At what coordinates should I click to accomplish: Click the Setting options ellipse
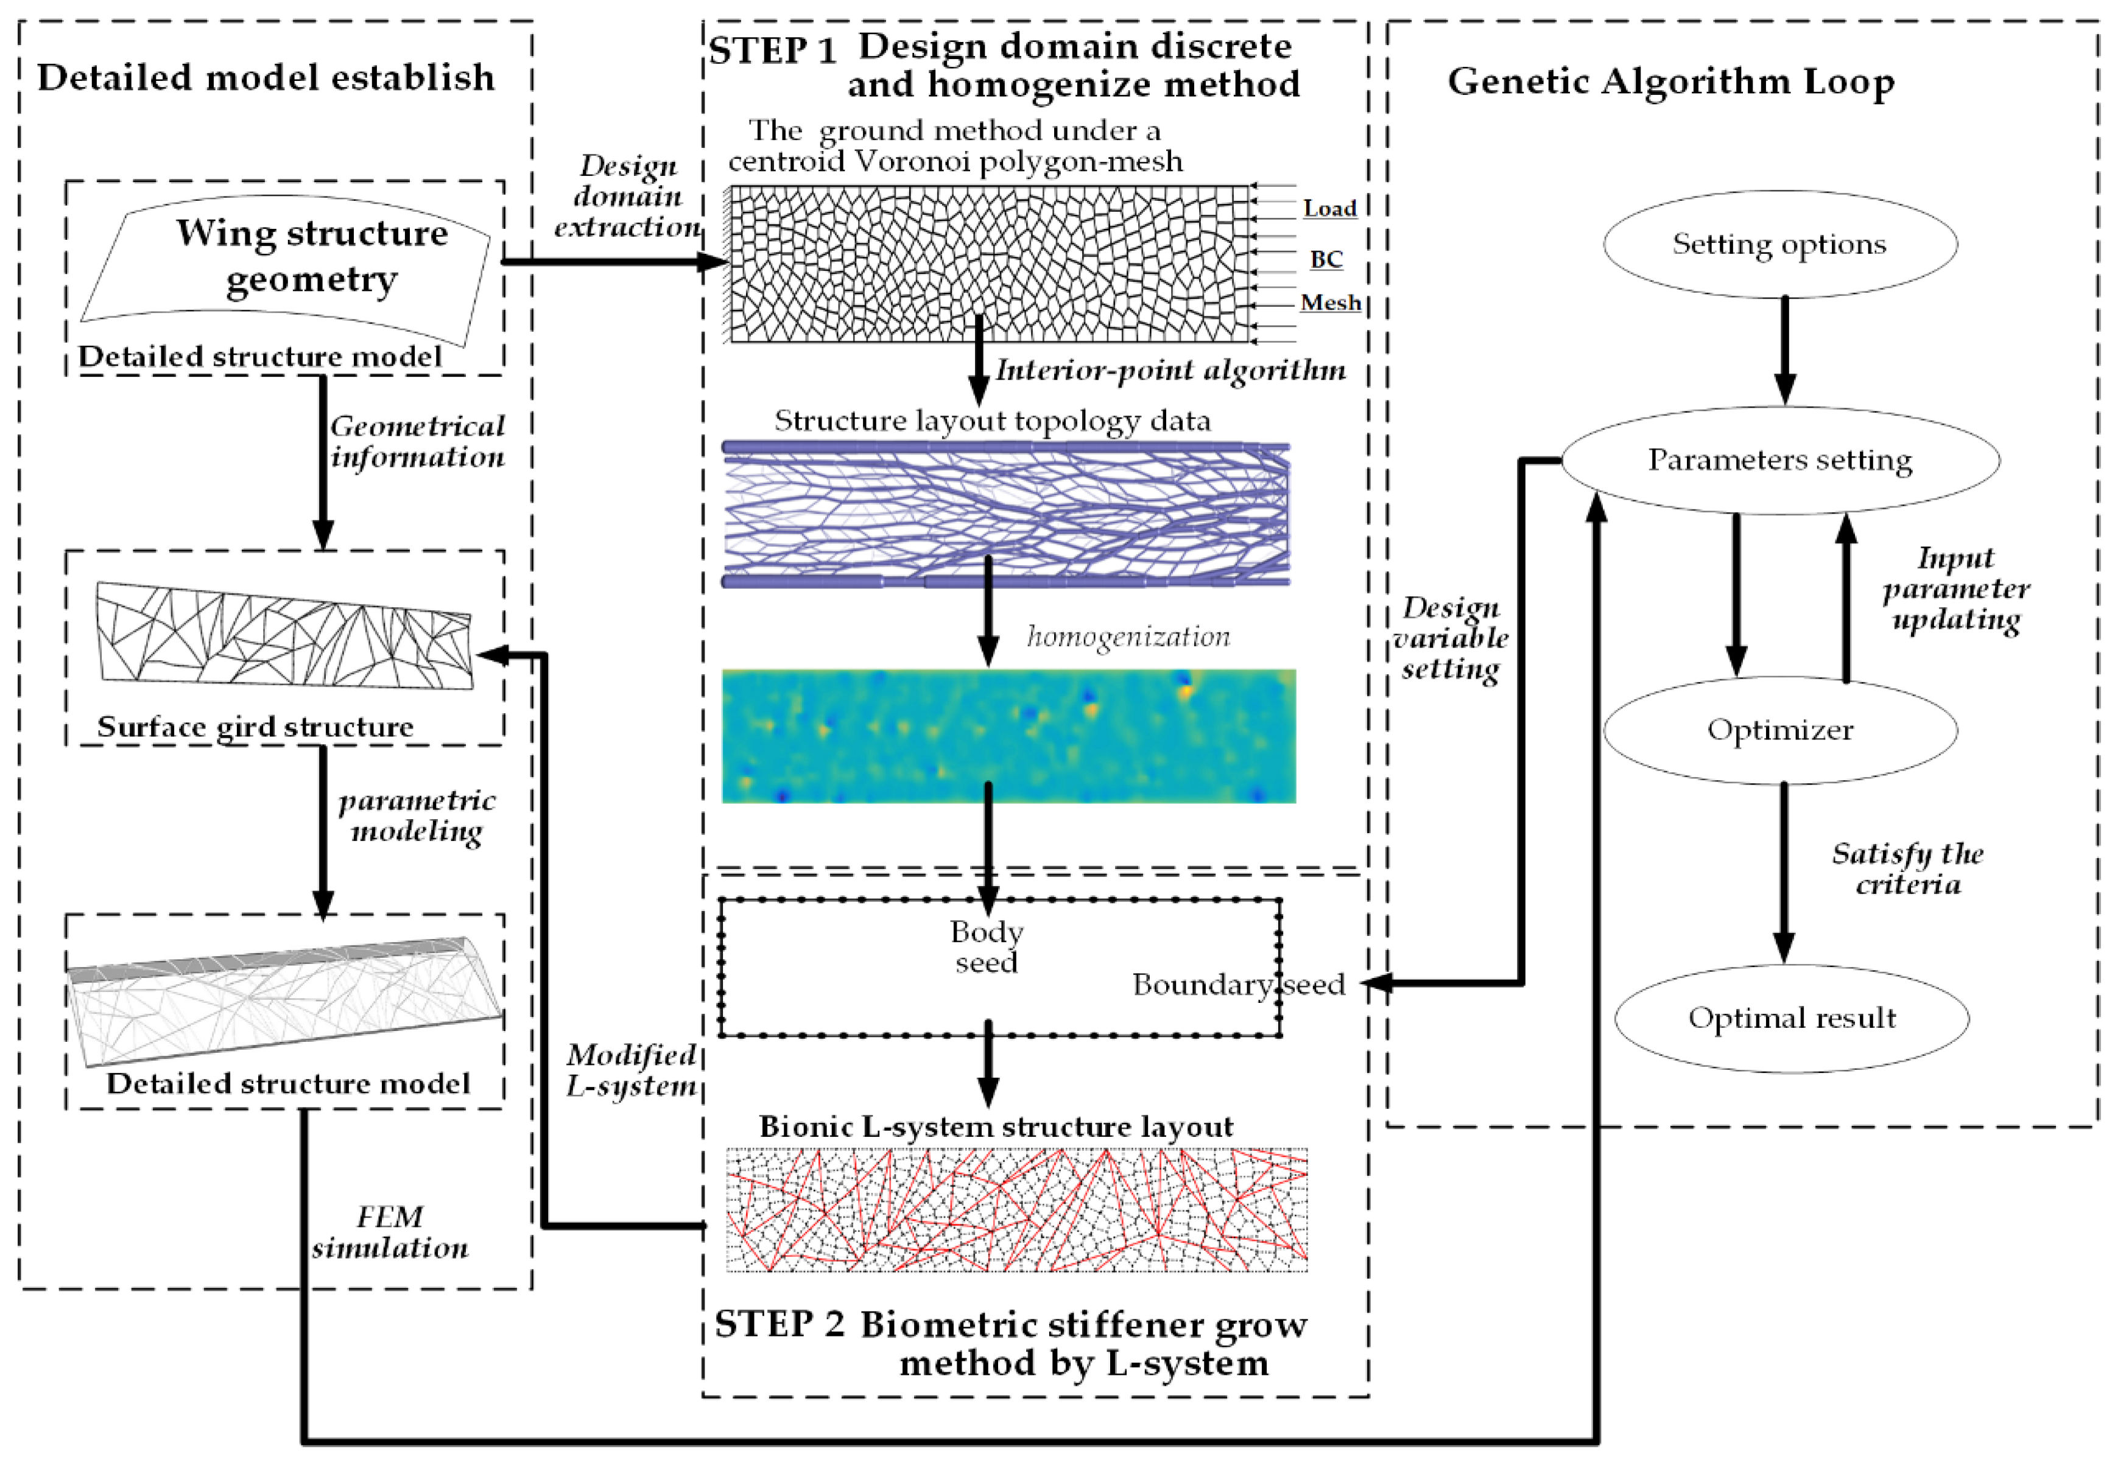click(1779, 244)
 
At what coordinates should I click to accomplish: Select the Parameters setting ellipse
click(1779, 459)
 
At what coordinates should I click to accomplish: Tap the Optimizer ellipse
click(1779, 730)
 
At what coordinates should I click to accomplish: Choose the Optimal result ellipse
click(1791, 1018)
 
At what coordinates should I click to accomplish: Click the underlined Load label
click(1329, 209)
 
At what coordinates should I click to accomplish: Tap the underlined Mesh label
click(1330, 302)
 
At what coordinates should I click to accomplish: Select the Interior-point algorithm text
click(1170, 371)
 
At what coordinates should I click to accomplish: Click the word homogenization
click(1128, 636)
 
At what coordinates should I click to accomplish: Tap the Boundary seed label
click(1238, 985)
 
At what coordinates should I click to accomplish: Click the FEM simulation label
click(390, 1232)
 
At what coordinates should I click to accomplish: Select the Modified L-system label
click(631, 1070)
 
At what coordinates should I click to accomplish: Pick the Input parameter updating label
click(1955, 588)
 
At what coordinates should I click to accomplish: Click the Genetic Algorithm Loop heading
click(1670, 82)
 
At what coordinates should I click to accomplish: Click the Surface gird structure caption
click(255, 727)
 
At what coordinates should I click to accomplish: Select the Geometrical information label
click(417, 441)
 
